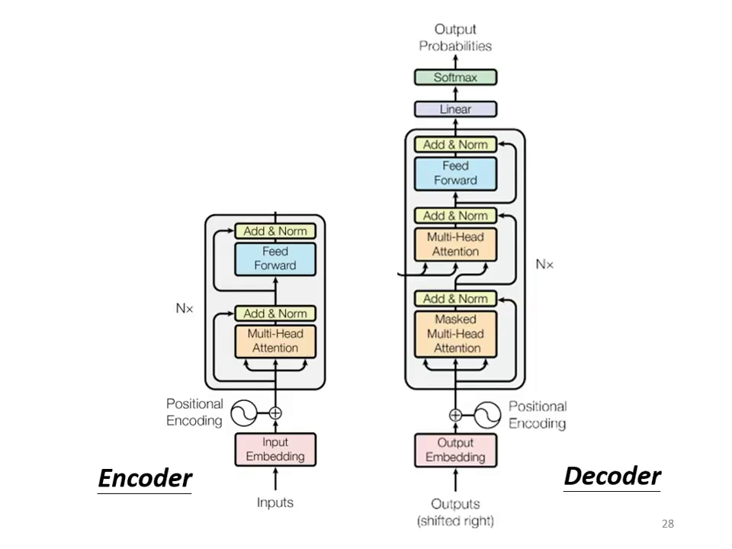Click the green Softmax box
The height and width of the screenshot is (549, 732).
tap(455, 77)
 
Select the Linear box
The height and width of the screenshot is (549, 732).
tap(455, 109)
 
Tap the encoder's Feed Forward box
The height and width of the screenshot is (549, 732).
tap(274, 258)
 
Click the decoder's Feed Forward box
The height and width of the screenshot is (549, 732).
tap(455, 173)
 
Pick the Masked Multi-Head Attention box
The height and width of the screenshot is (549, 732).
tap(455, 333)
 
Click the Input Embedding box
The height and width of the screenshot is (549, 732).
tap(274, 449)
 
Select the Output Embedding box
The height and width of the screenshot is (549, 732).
tap(455, 450)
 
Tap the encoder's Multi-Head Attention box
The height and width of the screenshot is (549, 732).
tap(274, 340)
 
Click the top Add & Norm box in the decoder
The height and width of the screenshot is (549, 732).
tap(455, 144)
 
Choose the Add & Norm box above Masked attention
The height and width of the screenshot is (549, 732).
tap(455, 298)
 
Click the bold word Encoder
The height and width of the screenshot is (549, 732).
tap(145, 478)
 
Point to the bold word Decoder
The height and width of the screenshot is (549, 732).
tap(612, 476)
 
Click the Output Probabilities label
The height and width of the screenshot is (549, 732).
tap(455, 37)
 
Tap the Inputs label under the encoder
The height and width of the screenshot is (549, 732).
tap(274, 502)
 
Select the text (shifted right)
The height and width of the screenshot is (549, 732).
tap(455, 521)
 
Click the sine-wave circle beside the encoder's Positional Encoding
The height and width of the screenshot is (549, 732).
tap(246, 413)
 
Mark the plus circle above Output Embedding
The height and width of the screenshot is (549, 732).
tap(455, 415)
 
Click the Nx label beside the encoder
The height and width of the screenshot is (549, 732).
tap(185, 309)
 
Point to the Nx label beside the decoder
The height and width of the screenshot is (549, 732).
tap(544, 264)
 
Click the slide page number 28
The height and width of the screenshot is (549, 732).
tap(667, 524)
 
